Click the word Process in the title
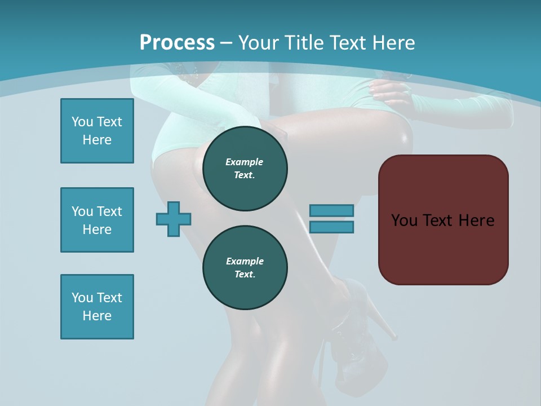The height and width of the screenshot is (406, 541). pyautogui.click(x=177, y=42)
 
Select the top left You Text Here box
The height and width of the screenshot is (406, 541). pyautogui.click(x=97, y=131)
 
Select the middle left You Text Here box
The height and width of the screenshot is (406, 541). pyautogui.click(x=97, y=220)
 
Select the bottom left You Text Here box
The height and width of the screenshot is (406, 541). pyautogui.click(x=97, y=307)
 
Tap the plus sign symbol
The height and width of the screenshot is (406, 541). pyautogui.click(x=174, y=219)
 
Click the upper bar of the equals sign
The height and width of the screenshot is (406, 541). pyautogui.click(x=331, y=210)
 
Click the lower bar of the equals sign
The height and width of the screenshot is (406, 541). pyautogui.click(x=331, y=227)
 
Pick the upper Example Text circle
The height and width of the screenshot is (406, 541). pyautogui.click(x=245, y=168)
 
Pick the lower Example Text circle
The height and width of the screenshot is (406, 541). pyautogui.click(x=245, y=267)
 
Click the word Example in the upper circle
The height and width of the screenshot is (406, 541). pyautogui.click(x=245, y=162)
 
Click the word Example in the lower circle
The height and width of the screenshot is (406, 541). pyautogui.click(x=245, y=261)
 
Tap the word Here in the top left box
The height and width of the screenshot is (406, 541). pyautogui.click(x=97, y=140)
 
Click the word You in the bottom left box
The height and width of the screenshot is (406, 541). pyautogui.click(x=82, y=298)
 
